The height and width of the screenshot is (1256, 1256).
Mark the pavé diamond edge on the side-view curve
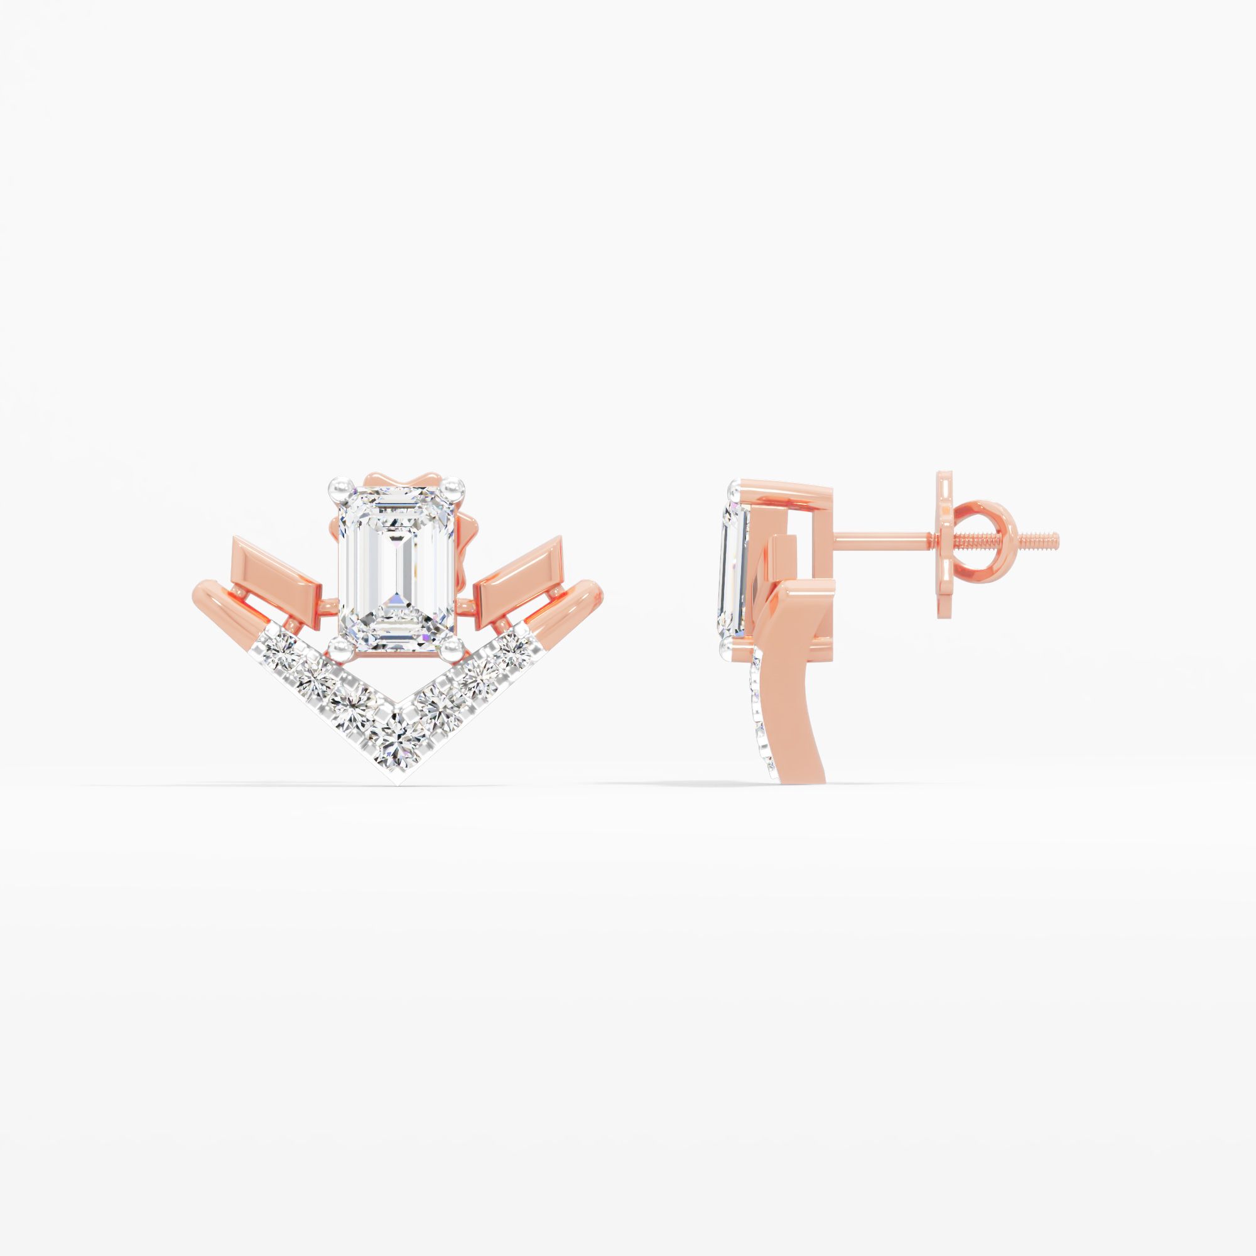[x=761, y=715]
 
